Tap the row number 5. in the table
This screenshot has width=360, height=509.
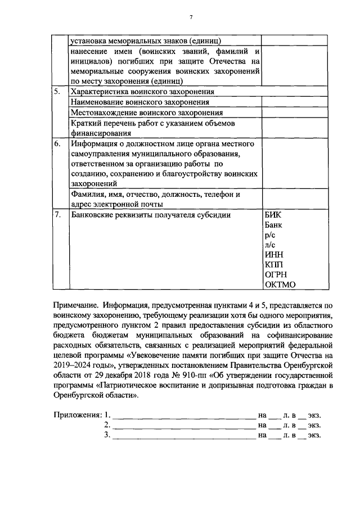coord(58,92)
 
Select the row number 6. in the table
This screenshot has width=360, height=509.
coord(58,143)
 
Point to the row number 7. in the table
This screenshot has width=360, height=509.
coord(58,215)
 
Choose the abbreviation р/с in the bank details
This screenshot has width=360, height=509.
coord(269,235)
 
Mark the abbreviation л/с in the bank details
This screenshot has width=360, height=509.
coord(269,245)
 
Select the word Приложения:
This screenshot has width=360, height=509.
coord(78,415)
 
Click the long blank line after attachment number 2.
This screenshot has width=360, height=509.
coord(183,426)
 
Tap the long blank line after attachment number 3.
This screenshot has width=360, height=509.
coord(183,436)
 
